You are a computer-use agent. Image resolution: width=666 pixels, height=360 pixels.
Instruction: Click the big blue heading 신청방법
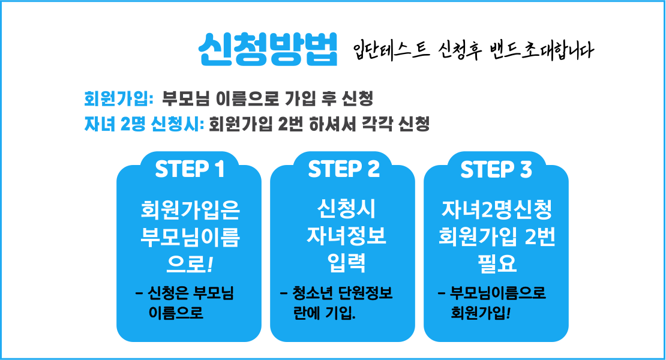click(x=268, y=49)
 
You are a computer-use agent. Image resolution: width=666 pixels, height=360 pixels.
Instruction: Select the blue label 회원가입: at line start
click(x=119, y=98)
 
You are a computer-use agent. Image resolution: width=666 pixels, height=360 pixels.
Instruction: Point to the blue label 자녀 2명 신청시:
click(x=145, y=124)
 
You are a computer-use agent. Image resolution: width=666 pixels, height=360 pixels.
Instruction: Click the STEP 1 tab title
click(x=190, y=169)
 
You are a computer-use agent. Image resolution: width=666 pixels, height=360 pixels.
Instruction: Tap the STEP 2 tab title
click(x=344, y=169)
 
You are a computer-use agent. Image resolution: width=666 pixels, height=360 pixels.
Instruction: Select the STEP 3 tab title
click(x=496, y=169)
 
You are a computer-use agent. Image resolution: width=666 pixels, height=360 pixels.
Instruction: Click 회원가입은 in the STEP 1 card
click(x=190, y=210)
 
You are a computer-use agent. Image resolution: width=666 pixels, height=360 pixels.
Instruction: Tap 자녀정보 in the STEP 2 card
click(x=346, y=236)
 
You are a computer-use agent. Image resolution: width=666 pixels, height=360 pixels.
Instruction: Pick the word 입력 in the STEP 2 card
click(x=346, y=263)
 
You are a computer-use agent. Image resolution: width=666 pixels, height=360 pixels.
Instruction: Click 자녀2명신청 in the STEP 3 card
click(x=497, y=210)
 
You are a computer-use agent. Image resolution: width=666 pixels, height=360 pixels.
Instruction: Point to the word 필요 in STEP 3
click(x=497, y=263)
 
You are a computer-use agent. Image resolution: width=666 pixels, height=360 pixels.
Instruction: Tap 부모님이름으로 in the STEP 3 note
click(x=498, y=293)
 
